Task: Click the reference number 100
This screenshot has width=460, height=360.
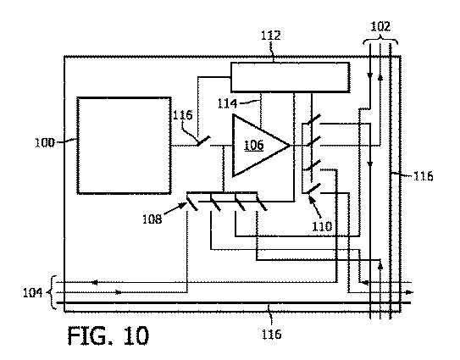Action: (45, 143)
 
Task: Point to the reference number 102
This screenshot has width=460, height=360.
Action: (380, 26)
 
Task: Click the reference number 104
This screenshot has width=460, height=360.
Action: (33, 292)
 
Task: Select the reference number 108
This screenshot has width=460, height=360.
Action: (152, 219)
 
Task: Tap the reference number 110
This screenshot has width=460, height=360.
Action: (322, 226)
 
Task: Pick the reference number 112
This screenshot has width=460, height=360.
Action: (271, 36)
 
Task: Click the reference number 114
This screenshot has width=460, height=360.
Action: (227, 103)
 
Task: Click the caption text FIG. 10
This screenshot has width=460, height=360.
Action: (108, 335)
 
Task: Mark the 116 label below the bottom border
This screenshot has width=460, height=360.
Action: (272, 335)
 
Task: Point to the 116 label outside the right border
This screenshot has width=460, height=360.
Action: (424, 176)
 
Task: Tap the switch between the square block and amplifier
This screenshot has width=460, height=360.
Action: (203, 141)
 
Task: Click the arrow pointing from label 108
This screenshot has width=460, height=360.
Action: (175, 209)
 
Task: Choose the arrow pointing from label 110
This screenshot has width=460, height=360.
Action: (314, 208)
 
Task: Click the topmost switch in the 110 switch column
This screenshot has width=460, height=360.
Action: (314, 119)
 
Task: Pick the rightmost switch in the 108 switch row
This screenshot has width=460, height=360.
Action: (262, 203)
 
